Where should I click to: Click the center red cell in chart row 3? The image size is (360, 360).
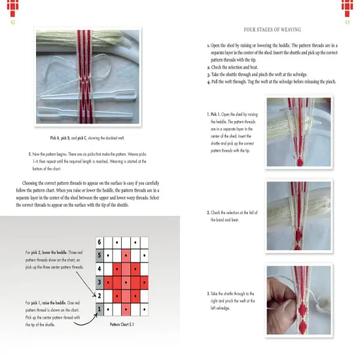coord(126,281)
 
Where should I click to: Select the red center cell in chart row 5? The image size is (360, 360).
coord(126,255)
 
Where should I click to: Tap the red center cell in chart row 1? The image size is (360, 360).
coord(126,308)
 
